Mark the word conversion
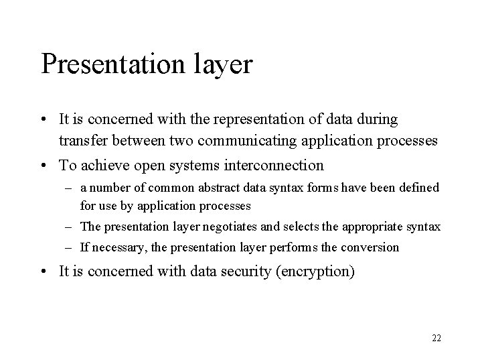click(372, 247)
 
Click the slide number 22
click(436, 338)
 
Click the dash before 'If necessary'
click(70, 247)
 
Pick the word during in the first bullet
click(379, 120)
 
